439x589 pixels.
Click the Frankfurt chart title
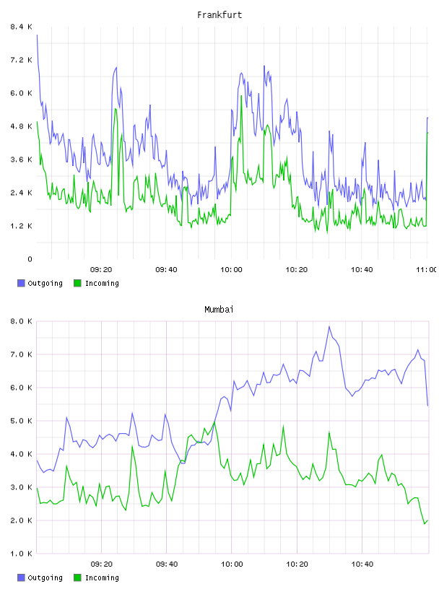(x=219, y=15)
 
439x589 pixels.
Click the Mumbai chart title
(x=219, y=310)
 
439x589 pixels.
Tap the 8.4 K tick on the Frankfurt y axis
(x=22, y=27)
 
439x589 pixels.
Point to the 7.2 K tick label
(x=22, y=60)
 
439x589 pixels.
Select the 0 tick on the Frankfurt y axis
(x=30, y=259)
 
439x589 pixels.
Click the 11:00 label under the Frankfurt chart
(x=426, y=270)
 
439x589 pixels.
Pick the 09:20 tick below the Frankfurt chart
(x=101, y=270)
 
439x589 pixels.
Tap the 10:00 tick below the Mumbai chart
(x=232, y=564)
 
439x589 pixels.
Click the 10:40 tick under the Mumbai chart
(x=362, y=564)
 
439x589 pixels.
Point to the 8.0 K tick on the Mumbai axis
(x=22, y=321)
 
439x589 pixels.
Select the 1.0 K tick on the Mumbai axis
(x=22, y=554)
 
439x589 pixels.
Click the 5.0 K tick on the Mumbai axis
(x=22, y=421)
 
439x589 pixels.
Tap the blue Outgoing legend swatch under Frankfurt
(x=21, y=283)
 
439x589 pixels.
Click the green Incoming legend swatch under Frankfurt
(x=77, y=283)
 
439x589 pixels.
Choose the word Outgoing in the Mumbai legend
(x=45, y=577)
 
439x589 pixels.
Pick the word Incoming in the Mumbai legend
(x=102, y=577)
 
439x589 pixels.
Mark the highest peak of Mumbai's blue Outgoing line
(x=329, y=326)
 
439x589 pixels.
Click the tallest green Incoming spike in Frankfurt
(x=241, y=96)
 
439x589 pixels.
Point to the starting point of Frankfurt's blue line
(x=37, y=35)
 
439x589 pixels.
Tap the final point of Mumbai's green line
(x=427, y=520)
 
